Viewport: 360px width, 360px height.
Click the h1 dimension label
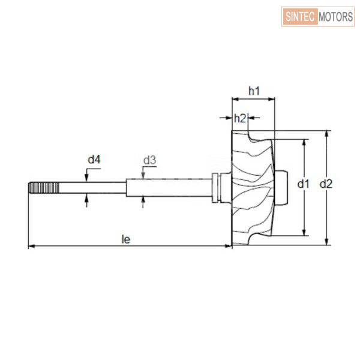254,91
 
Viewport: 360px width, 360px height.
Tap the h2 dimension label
240,118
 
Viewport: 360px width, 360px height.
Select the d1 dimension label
303,184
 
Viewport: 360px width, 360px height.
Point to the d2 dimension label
326,184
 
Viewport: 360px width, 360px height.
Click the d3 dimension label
149,160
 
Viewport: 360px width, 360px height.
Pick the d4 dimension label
94,160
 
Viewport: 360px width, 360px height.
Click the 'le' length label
126,239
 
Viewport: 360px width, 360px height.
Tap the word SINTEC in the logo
300,17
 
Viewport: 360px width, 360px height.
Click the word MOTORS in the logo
335,17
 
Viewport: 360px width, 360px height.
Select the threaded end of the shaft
44,188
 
